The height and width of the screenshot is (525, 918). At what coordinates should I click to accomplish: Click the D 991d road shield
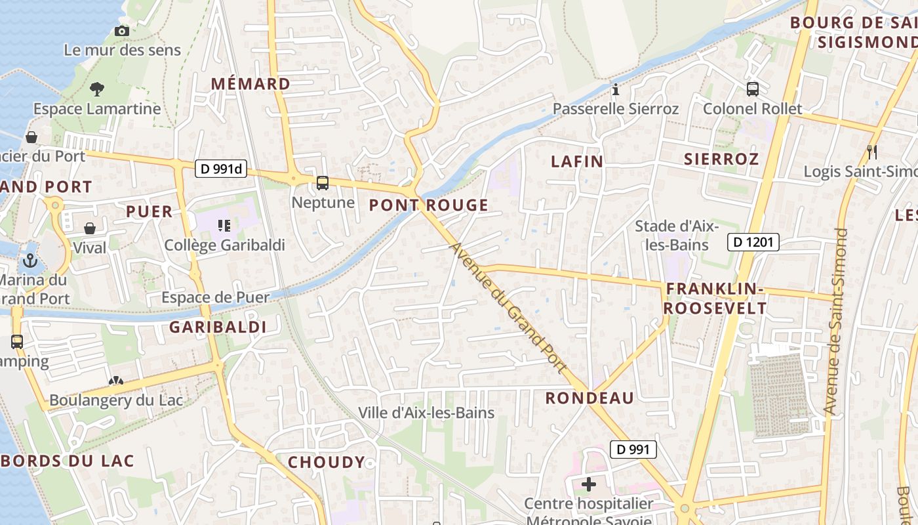220,169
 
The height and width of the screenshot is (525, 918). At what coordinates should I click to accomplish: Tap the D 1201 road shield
753,242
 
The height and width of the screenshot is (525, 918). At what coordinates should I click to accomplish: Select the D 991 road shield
633,450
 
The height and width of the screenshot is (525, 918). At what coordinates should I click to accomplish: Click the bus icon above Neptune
323,183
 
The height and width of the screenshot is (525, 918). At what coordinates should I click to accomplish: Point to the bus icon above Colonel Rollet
753,89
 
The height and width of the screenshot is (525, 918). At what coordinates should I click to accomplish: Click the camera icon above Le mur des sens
121,31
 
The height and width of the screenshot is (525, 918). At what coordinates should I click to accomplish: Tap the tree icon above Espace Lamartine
97,89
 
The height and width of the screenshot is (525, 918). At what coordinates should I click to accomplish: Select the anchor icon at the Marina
30,261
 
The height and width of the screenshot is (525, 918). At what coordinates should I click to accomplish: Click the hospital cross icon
589,485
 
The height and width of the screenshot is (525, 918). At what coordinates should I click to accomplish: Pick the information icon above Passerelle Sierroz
615,89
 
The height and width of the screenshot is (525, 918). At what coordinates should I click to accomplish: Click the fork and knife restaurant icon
872,152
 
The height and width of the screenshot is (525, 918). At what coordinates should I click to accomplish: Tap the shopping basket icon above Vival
90,228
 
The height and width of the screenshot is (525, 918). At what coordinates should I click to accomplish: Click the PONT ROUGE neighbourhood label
429,205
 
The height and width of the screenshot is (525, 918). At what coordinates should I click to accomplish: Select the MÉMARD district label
250,84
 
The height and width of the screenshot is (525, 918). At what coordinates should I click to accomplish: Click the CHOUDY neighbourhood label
326,462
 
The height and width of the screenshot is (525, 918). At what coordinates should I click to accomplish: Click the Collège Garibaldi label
224,245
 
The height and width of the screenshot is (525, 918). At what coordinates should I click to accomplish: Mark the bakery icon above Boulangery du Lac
116,381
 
